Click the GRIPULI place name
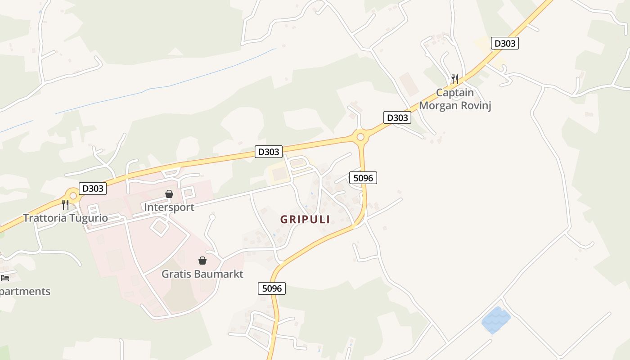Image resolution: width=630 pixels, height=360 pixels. point(305,220)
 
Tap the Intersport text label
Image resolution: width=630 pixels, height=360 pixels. point(169,207)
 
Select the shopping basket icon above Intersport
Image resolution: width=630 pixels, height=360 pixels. point(169,194)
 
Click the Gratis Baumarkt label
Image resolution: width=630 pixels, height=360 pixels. point(202,274)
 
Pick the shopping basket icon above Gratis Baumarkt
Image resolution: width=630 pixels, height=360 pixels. point(202,261)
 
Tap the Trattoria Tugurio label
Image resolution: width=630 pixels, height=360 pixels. point(65,218)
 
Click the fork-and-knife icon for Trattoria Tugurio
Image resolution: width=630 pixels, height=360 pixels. point(65,205)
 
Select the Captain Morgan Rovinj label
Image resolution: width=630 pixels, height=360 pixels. point(455,99)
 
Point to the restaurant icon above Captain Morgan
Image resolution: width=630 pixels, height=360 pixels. point(455,79)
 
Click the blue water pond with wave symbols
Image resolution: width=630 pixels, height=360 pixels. point(496,320)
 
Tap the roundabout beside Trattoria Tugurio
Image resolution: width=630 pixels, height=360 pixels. point(73,196)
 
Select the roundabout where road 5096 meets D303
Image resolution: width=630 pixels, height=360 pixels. point(360,137)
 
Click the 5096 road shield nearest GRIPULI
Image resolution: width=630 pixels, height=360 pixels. point(363,178)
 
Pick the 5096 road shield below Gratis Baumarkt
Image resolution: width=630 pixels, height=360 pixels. point(272,288)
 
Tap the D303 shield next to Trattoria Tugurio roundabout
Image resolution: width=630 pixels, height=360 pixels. point(93,188)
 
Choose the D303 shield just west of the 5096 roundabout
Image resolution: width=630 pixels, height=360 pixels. point(269,152)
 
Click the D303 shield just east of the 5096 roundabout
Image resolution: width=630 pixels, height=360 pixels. point(397,118)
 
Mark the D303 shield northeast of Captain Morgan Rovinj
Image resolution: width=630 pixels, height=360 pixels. point(504,43)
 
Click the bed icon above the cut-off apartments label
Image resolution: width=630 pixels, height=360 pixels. point(4,278)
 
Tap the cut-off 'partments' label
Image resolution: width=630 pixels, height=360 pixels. point(25,292)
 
